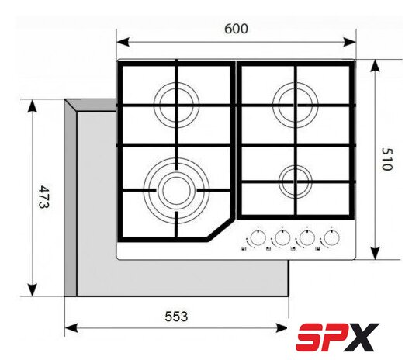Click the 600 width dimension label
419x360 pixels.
point(236,29)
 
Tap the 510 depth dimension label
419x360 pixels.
point(386,159)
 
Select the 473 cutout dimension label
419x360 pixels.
point(44,197)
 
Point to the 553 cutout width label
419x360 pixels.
point(176,317)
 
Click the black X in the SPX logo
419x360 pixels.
point(362,337)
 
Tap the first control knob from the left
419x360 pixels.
point(258,237)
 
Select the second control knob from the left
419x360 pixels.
point(282,237)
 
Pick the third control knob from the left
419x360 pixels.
point(307,237)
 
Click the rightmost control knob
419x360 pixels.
point(331,237)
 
